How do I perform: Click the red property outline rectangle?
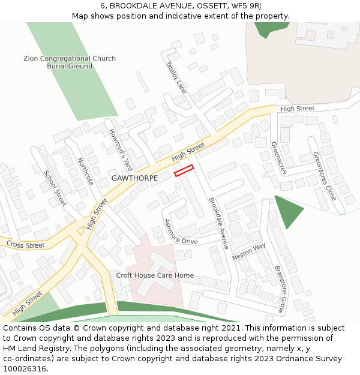click(184, 170)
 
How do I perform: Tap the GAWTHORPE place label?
click(134, 178)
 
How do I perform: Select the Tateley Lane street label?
click(176, 77)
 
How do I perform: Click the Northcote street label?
click(86, 171)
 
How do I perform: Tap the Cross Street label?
click(26, 245)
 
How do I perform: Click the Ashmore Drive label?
click(181, 232)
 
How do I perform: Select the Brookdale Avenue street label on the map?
click(218, 223)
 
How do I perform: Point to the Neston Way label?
click(249, 251)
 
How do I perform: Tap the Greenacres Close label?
click(325, 176)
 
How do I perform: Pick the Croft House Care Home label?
click(155, 275)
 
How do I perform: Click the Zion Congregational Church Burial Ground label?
click(70, 62)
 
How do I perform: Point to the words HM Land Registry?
click(31, 349)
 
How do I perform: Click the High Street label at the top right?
click(298, 109)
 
